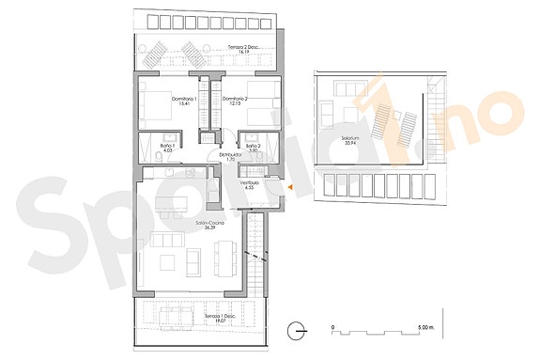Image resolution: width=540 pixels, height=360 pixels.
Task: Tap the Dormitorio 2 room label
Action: pos(236,99)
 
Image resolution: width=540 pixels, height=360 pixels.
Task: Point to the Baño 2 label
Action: pos(254,147)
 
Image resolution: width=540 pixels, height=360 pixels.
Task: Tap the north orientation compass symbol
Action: pos(297,330)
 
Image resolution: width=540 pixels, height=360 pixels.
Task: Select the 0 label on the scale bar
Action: pos(333,327)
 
